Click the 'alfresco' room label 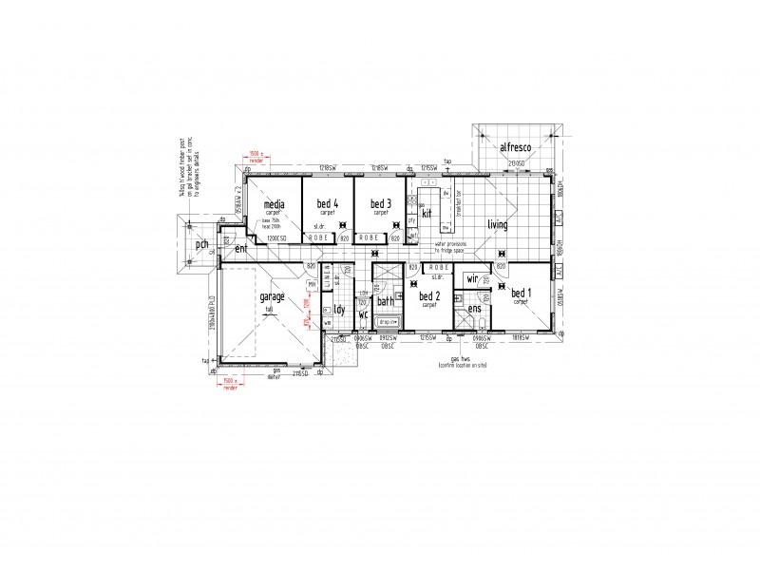coord(516,147)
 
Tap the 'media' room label coord(275,204)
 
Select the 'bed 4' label coord(328,204)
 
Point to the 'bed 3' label coord(381,204)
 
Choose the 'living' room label coord(498,225)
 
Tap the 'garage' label coord(273,297)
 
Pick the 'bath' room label coord(385,302)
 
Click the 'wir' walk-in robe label coord(472,279)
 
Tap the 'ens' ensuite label coord(474,309)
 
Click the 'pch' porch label coord(201,245)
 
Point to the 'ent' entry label coord(241,249)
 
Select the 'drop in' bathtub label coord(387,323)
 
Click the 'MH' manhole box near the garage coord(312,285)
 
